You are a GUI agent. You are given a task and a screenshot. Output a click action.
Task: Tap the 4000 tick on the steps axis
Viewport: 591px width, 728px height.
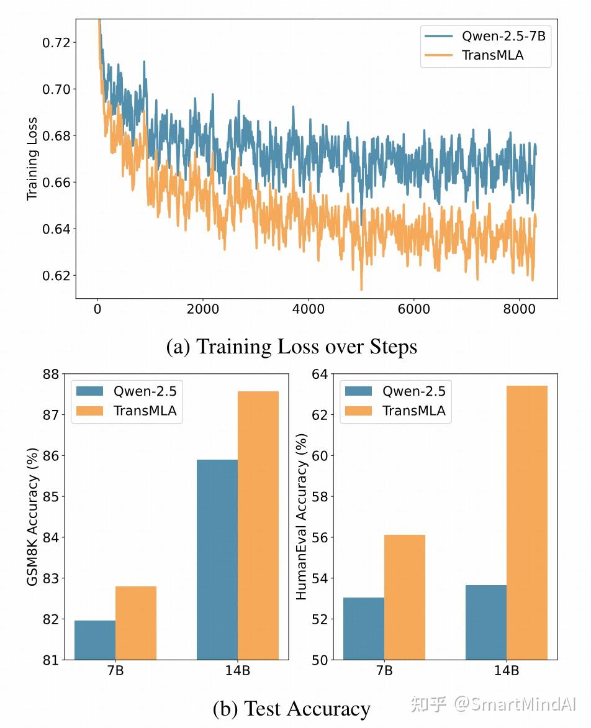click(x=309, y=309)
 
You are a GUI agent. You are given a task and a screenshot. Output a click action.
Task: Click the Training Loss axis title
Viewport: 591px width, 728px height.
click(x=32, y=158)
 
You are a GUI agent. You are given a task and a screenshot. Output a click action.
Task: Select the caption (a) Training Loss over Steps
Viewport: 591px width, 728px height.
click(x=292, y=347)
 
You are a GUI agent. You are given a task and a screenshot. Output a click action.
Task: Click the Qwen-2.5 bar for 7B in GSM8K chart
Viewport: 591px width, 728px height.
click(x=95, y=640)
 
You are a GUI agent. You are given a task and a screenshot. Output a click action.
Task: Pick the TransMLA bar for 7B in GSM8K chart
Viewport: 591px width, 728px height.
click(x=136, y=622)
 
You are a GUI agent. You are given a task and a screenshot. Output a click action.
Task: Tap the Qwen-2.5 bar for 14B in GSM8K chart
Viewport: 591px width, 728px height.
click(x=217, y=559)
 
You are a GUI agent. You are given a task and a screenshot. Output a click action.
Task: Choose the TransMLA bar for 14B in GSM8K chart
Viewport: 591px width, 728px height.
click(x=258, y=525)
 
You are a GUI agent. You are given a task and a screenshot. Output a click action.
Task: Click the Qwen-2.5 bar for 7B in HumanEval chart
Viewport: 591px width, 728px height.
click(x=364, y=628)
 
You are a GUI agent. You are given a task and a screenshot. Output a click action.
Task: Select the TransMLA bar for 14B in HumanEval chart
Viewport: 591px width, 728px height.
click(x=527, y=522)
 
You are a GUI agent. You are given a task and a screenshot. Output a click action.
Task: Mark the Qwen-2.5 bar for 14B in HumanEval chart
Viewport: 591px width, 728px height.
click(x=486, y=622)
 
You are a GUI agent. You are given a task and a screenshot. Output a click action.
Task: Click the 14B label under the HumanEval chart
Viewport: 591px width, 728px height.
click(x=507, y=671)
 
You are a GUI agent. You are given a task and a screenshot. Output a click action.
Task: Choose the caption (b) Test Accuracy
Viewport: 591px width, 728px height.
click(x=292, y=708)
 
